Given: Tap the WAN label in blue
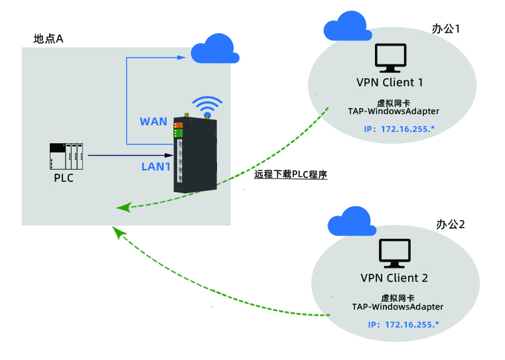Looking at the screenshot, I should pyautogui.click(x=153, y=122).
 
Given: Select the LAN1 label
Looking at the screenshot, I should pyautogui.click(x=157, y=166).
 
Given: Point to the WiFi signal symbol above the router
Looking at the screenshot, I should pyautogui.click(x=207, y=105).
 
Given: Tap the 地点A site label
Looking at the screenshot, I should pyautogui.click(x=48, y=39).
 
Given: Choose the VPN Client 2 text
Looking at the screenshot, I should pyautogui.click(x=394, y=278).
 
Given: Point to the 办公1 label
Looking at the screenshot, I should pyautogui.click(x=446, y=29).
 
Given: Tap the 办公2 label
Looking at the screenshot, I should pyautogui.click(x=451, y=224).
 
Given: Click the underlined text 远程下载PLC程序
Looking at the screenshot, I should pyautogui.click(x=291, y=176).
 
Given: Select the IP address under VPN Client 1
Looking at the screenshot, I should pyautogui.click(x=399, y=128).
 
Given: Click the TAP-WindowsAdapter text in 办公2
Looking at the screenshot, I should pyautogui.click(x=397, y=307).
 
